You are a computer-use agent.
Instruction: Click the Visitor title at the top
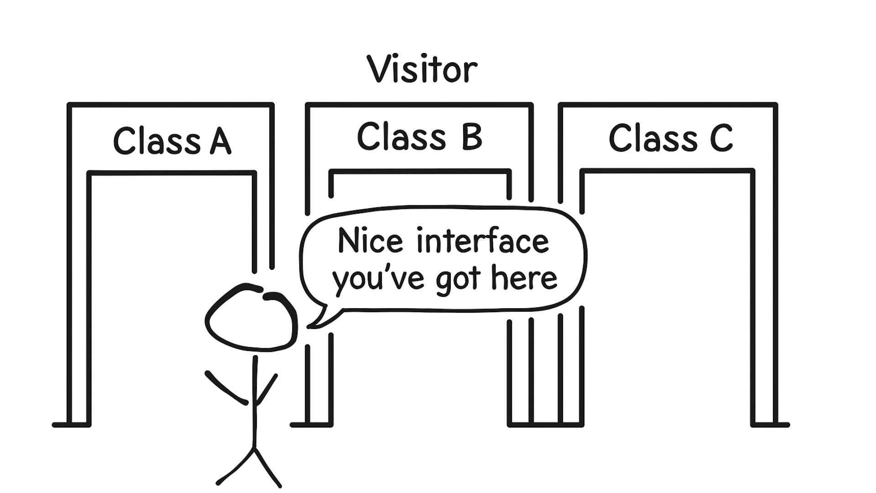422,70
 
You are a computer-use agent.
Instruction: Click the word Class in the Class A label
156,141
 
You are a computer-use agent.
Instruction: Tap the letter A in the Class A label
221,141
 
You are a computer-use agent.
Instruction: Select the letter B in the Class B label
471,136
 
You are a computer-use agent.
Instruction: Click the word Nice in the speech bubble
370,241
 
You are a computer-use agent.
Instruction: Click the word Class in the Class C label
653,138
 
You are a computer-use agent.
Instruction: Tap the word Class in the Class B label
401,136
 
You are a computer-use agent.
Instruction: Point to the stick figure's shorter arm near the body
267,389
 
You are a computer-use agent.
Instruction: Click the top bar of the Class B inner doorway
420,172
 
